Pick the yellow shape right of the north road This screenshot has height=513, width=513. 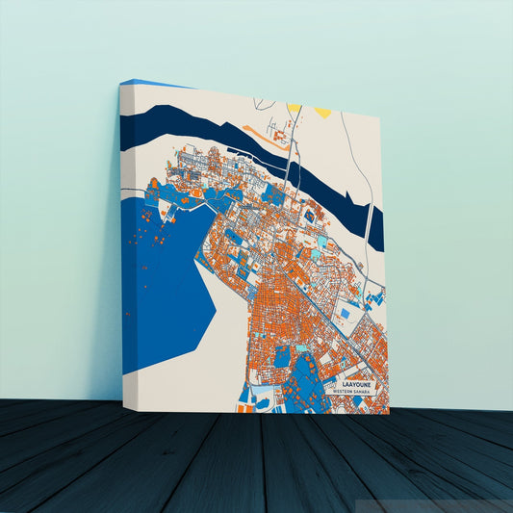322,112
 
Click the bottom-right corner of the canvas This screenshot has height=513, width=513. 389,413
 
